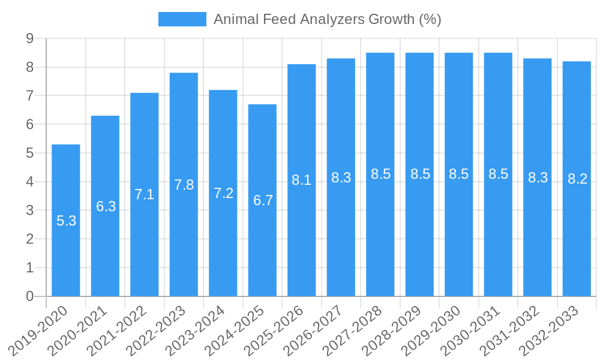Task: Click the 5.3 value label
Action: (66, 221)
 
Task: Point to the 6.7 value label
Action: (263, 200)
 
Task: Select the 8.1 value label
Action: (301, 180)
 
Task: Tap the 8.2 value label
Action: (577, 179)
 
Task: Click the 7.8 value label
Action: (184, 185)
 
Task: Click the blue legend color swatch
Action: (182, 19)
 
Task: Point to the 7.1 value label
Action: (145, 194)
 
